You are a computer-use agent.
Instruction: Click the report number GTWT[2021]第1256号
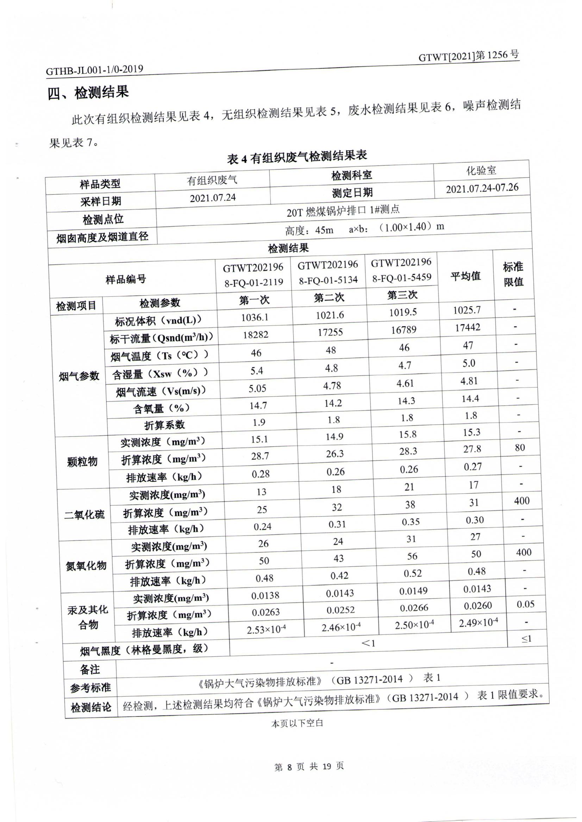[x=468, y=56]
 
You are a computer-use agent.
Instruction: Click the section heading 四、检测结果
[x=88, y=93]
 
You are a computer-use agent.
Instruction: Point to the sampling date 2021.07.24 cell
[x=213, y=198]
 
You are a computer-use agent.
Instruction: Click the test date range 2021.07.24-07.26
[x=482, y=188]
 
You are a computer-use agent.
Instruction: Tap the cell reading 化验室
[x=481, y=171]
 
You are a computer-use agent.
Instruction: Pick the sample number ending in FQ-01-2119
[x=254, y=275]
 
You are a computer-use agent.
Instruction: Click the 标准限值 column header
[x=513, y=274]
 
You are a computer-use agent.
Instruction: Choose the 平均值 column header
[x=465, y=276]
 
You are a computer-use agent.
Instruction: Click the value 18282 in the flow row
[x=256, y=335]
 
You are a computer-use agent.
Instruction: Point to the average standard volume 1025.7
[x=467, y=310]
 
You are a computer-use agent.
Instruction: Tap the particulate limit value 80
[x=519, y=447]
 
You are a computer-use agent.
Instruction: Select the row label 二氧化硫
[x=84, y=515]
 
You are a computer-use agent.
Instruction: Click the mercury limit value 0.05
[x=525, y=604]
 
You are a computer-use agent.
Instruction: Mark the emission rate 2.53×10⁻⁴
[x=266, y=630]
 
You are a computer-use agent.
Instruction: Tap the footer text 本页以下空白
[x=297, y=723]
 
